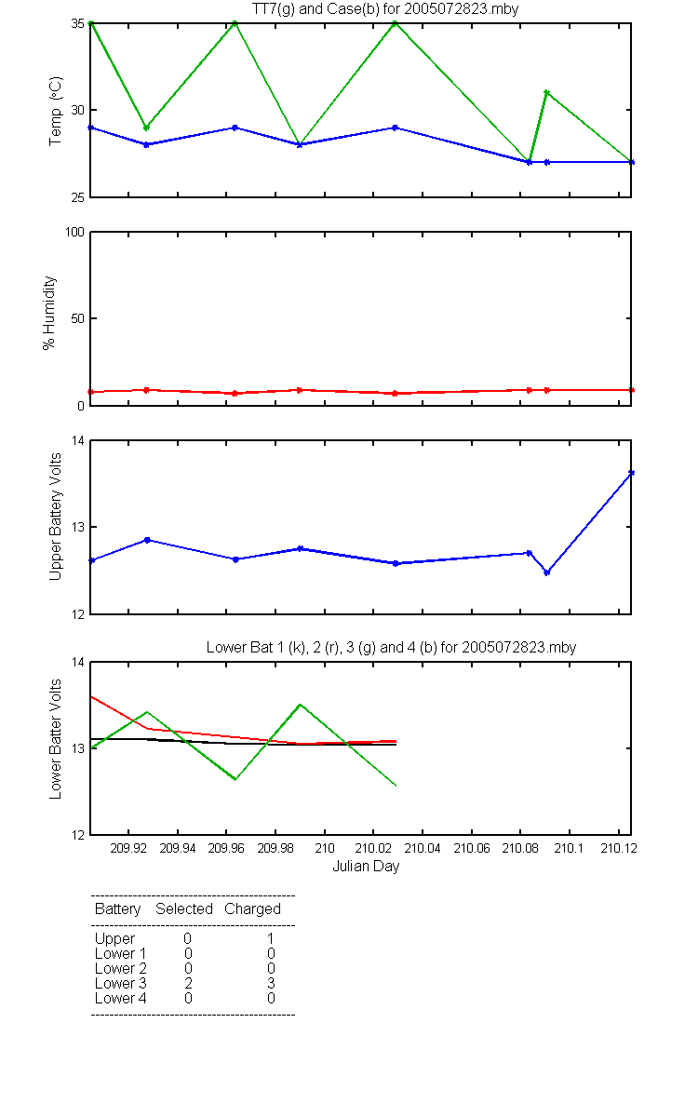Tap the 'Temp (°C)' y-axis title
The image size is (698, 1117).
coord(55,111)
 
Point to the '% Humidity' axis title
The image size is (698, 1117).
coord(48,313)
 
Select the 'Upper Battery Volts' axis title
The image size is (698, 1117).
coord(55,517)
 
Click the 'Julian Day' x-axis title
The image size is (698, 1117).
coord(366,867)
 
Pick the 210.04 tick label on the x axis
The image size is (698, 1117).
coord(423,848)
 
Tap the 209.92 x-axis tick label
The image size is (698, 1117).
coord(128,848)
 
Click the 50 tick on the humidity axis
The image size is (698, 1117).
coord(77,318)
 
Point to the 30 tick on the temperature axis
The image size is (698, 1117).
coord(77,110)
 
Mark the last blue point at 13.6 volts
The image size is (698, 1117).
coord(631,473)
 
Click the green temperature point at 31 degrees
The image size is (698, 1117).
coord(547,92)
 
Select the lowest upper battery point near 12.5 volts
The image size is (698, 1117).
coord(547,572)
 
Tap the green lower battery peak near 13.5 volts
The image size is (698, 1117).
coord(300,704)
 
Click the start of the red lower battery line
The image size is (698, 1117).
coord(91,696)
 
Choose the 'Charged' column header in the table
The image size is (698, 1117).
coord(252,909)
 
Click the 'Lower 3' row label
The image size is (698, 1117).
coord(121,983)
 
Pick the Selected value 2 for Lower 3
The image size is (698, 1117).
coord(188,983)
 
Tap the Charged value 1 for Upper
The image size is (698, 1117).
coord(271,938)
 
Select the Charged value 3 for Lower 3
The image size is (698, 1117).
coord(271,983)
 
